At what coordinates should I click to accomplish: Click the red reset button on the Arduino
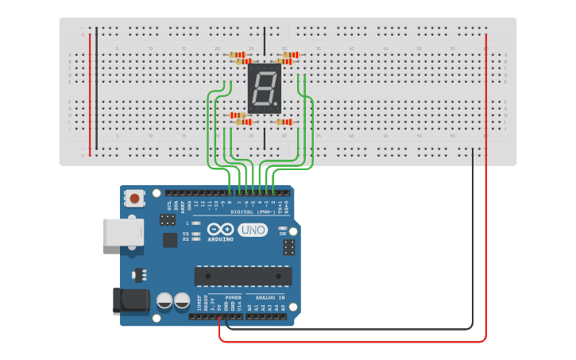click(135, 198)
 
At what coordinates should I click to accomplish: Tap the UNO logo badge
click(253, 230)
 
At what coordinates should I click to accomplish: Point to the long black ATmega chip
click(242, 276)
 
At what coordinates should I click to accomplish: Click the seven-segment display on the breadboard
click(264, 88)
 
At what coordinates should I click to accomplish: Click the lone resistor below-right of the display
click(284, 122)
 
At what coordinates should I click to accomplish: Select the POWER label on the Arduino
click(234, 296)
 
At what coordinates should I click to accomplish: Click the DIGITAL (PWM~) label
click(253, 212)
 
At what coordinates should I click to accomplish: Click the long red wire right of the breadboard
click(485, 183)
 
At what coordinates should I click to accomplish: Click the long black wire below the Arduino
click(350, 328)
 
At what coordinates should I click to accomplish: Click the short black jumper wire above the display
click(265, 40)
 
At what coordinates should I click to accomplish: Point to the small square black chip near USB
click(170, 240)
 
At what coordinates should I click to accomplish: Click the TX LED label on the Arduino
click(186, 234)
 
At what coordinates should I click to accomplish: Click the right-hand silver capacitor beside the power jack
click(180, 300)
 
